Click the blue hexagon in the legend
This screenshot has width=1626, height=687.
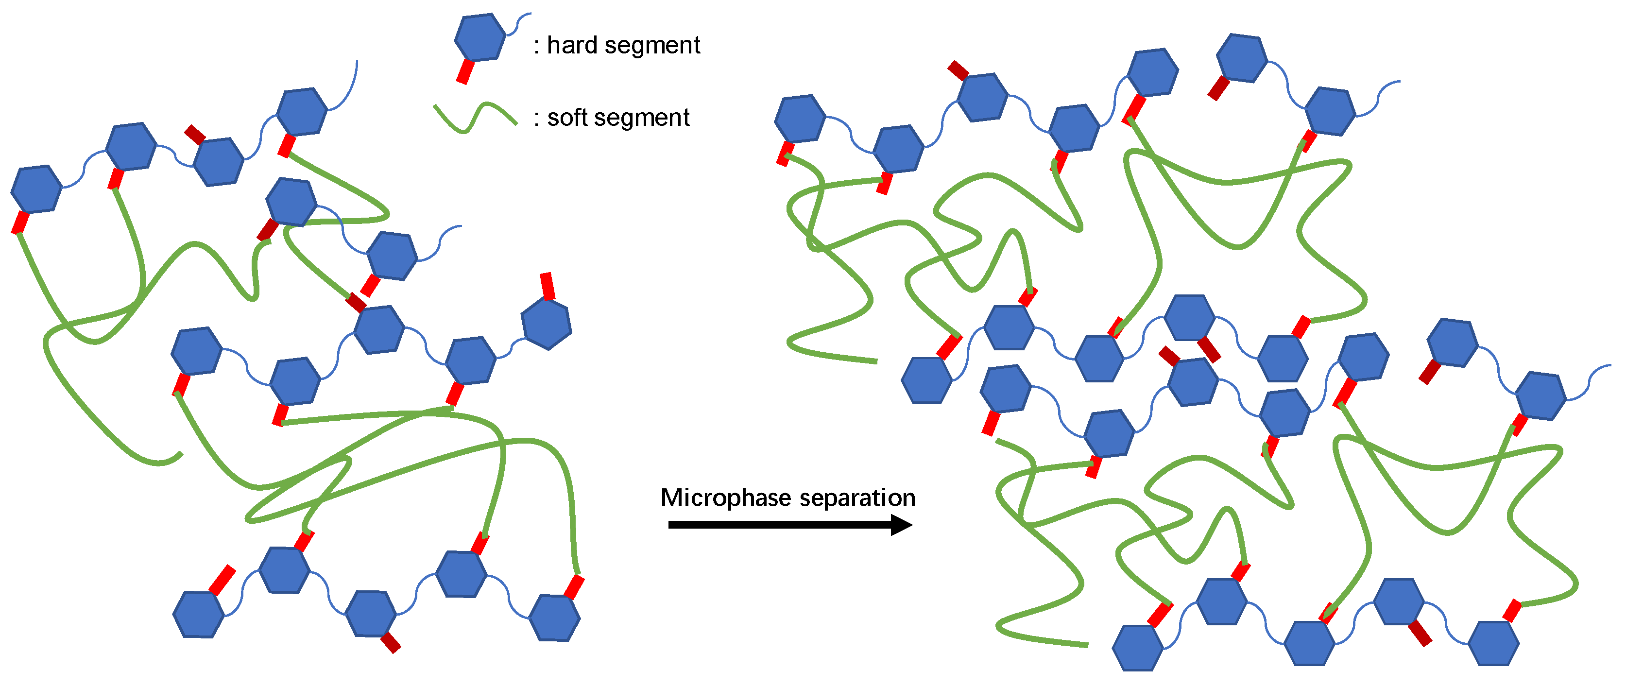point(479,37)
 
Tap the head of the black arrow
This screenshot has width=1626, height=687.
point(901,525)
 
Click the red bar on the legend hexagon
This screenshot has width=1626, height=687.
point(465,71)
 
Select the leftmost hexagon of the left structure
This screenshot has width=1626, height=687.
point(36,189)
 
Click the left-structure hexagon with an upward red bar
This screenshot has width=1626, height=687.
point(547,324)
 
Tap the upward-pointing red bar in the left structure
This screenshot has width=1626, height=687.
point(547,285)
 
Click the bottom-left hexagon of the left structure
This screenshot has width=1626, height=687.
point(198,615)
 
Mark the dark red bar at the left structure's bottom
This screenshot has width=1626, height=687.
point(391,643)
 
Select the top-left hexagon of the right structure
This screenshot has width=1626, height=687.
point(800,119)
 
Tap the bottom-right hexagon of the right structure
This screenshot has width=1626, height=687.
point(1493,643)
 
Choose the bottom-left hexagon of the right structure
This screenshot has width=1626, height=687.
point(1137,647)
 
